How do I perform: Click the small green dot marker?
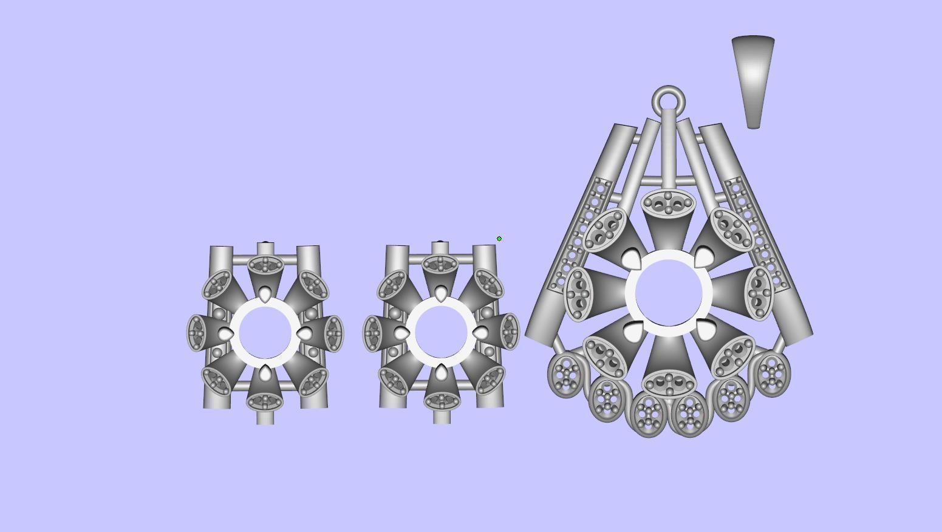pyautogui.click(x=499, y=239)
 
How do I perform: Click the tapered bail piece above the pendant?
pyautogui.click(x=753, y=79)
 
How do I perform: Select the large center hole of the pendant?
pyautogui.click(x=669, y=293)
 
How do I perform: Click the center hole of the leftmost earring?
pyautogui.click(x=265, y=333)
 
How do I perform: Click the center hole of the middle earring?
pyautogui.click(x=441, y=333)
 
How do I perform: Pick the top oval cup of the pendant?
pyautogui.click(x=669, y=203)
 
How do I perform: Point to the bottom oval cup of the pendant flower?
pyautogui.click(x=669, y=383)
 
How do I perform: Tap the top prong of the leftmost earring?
pyautogui.click(x=265, y=295)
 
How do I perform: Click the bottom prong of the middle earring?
pyautogui.click(x=441, y=372)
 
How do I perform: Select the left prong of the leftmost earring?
pyautogui.click(x=226, y=334)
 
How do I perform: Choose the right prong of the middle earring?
pyautogui.click(x=480, y=333)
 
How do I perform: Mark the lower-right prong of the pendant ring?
pyautogui.click(x=705, y=330)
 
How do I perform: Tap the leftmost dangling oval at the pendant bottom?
pyautogui.click(x=565, y=376)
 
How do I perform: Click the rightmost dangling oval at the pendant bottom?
pyautogui.click(x=772, y=373)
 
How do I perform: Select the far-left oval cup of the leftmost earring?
pyautogui.click(x=197, y=333)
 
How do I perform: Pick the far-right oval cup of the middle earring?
pyautogui.click(x=509, y=332)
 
